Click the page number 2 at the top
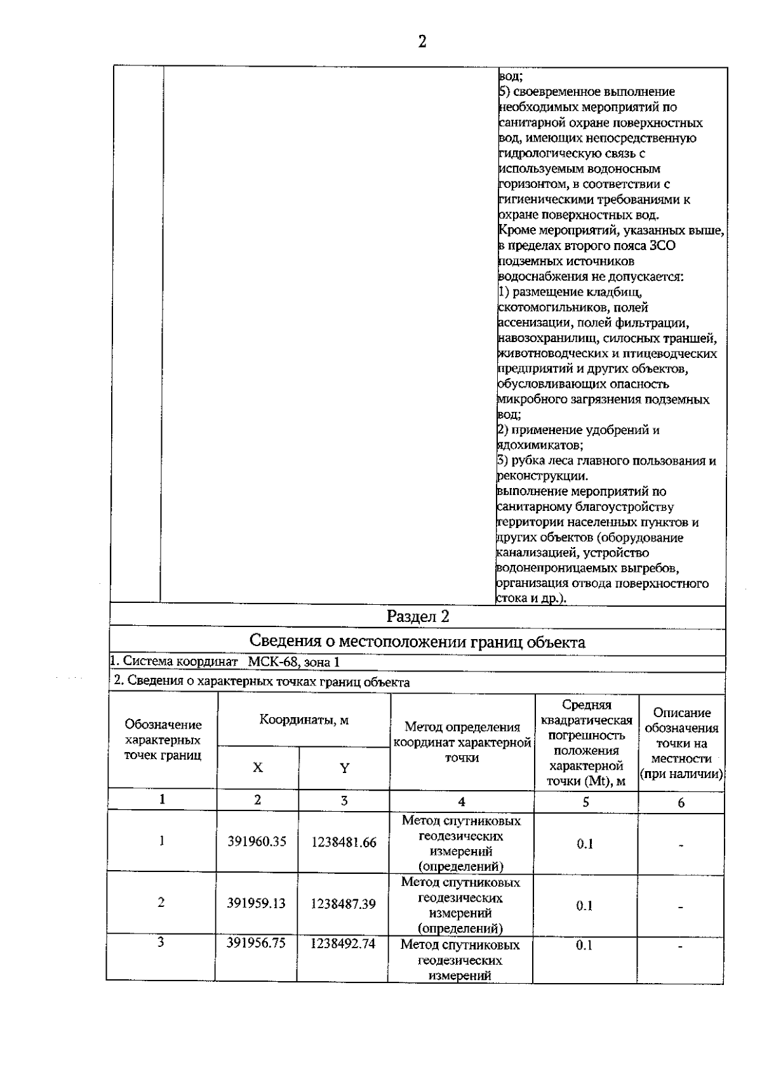pyautogui.click(x=422, y=42)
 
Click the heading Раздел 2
pyautogui.click(x=418, y=616)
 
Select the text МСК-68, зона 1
pyautogui.click(x=294, y=662)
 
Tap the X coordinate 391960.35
pyautogui.click(x=257, y=842)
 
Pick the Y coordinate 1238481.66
pyautogui.click(x=344, y=842)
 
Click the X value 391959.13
pyautogui.click(x=257, y=903)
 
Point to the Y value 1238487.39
pyautogui.click(x=343, y=904)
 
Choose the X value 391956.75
pyautogui.click(x=257, y=943)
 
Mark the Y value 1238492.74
pyautogui.click(x=343, y=944)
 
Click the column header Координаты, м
pyautogui.click(x=304, y=720)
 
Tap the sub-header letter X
pyautogui.click(x=257, y=767)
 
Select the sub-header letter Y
pyautogui.click(x=344, y=768)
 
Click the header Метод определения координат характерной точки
pyautogui.click(x=462, y=743)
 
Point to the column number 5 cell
pyautogui.click(x=585, y=802)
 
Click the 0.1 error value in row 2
pyautogui.click(x=584, y=906)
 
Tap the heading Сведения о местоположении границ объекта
pyautogui.click(x=417, y=642)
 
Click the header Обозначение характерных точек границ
pyautogui.click(x=163, y=740)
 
